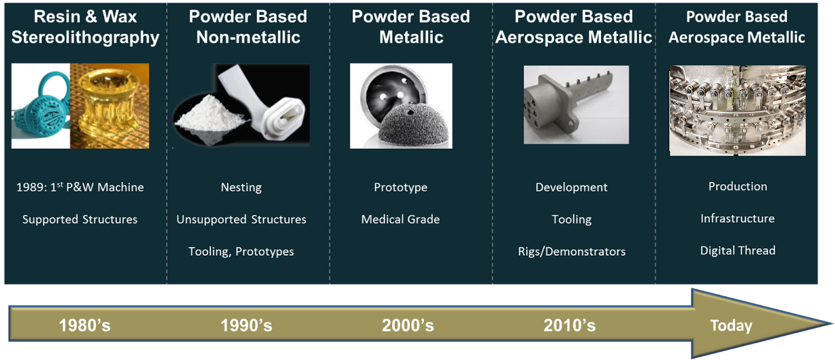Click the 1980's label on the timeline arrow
tap(85, 326)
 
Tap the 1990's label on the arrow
tap(246, 326)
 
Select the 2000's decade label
tap(408, 326)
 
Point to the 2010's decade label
tap(569, 326)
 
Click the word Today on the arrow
tap(731, 326)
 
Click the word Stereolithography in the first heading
tap(85, 38)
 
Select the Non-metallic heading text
tap(248, 38)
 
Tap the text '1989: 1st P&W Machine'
tap(80, 187)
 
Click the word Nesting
tap(241, 187)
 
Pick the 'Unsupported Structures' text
tap(241, 219)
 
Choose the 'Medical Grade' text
tap(401, 219)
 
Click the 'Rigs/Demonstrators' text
tap(571, 252)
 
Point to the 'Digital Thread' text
tap(738, 250)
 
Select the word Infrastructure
tap(738, 219)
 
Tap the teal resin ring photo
tap(41, 106)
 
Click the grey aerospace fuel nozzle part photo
tap(576, 105)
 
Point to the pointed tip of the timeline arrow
tap(831, 324)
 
